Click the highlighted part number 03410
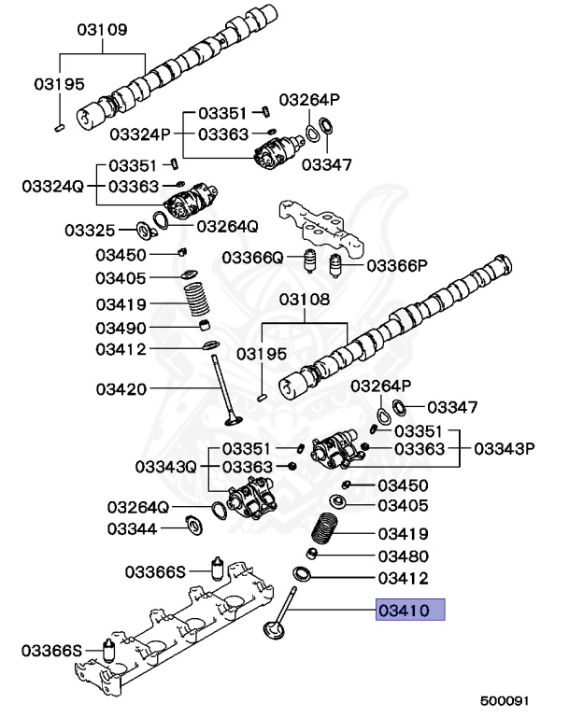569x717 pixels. (x=410, y=612)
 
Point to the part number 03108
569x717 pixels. (x=305, y=300)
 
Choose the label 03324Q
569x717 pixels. (x=55, y=186)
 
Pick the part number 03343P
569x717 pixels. (x=504, y=449)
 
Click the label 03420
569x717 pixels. (x=121, y=387)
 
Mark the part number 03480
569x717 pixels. (x=403, y=555)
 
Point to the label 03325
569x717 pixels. (x=90, y=230)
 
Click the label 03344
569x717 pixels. (x=132, y=528)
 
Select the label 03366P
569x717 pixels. (x=396, y=265)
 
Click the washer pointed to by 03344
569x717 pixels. (x=194, y=525)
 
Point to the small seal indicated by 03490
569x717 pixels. (x=201, y=327)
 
